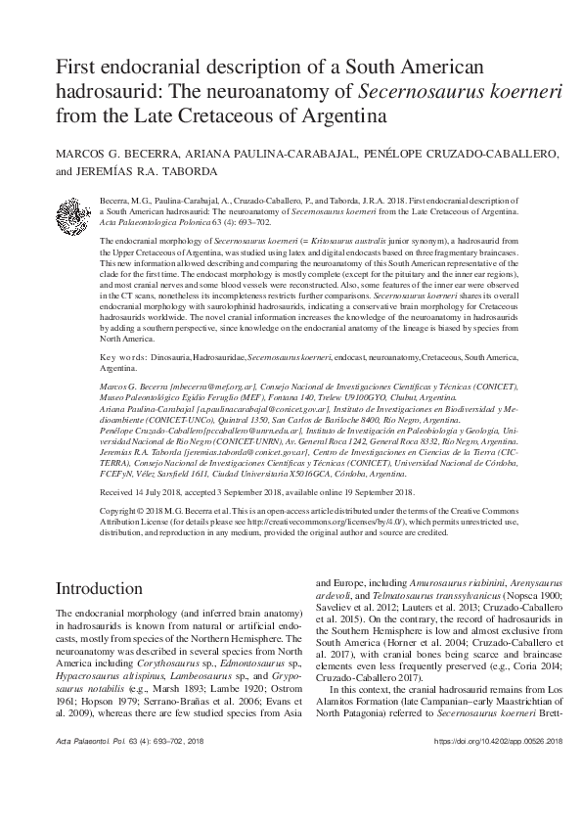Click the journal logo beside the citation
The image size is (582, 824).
point(73,212)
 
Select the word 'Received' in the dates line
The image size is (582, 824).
point(119,492)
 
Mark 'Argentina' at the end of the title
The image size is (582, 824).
point(324,117)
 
